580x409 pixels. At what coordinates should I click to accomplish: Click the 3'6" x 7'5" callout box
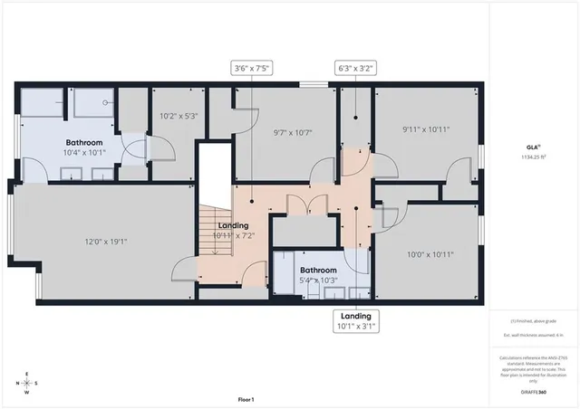pos(253,67)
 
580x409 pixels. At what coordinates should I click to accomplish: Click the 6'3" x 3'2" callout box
pos(355,67)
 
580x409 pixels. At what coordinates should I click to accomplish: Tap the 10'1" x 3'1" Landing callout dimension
pos(355,326)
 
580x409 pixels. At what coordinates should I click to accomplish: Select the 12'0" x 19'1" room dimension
pos(104,242)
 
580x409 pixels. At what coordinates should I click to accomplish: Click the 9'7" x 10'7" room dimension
pos(293,132)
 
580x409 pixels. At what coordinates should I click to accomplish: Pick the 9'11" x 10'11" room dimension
pos(426,129)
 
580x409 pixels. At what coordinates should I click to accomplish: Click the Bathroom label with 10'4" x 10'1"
pos(84,143)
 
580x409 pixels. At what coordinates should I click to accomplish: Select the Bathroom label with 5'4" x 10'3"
pos(319,270)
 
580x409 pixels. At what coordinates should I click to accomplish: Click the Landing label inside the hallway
pos(233,225)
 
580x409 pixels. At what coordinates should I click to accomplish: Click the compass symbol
pos(26,384)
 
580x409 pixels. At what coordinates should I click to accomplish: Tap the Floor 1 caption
pos(246,399)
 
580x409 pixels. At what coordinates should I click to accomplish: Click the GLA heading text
pos(533,147)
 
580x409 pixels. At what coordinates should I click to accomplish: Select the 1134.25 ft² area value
pos(533,157)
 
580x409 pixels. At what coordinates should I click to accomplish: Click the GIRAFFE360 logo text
pos(532,392)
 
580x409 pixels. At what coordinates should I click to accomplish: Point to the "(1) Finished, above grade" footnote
pos(532,321)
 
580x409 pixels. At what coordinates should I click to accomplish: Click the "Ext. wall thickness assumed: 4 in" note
pos(532,336)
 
